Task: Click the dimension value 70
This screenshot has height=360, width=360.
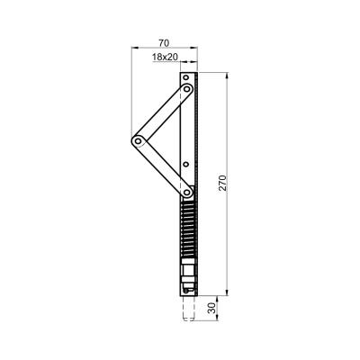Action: coord(164,43)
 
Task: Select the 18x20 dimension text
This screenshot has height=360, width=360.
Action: coord(165,57)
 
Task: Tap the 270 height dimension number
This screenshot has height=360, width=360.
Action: coord(223,183)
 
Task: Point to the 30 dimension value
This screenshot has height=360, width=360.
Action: coord(212,308)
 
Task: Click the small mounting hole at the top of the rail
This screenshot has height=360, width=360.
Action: coord(186,77)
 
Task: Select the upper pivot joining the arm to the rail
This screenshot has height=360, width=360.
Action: coord(187,89)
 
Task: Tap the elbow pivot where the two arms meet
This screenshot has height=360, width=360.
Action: coord(138,140)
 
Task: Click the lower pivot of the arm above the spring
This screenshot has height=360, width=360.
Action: coord(186,192)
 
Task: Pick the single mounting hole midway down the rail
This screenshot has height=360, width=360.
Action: coord(185,164)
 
